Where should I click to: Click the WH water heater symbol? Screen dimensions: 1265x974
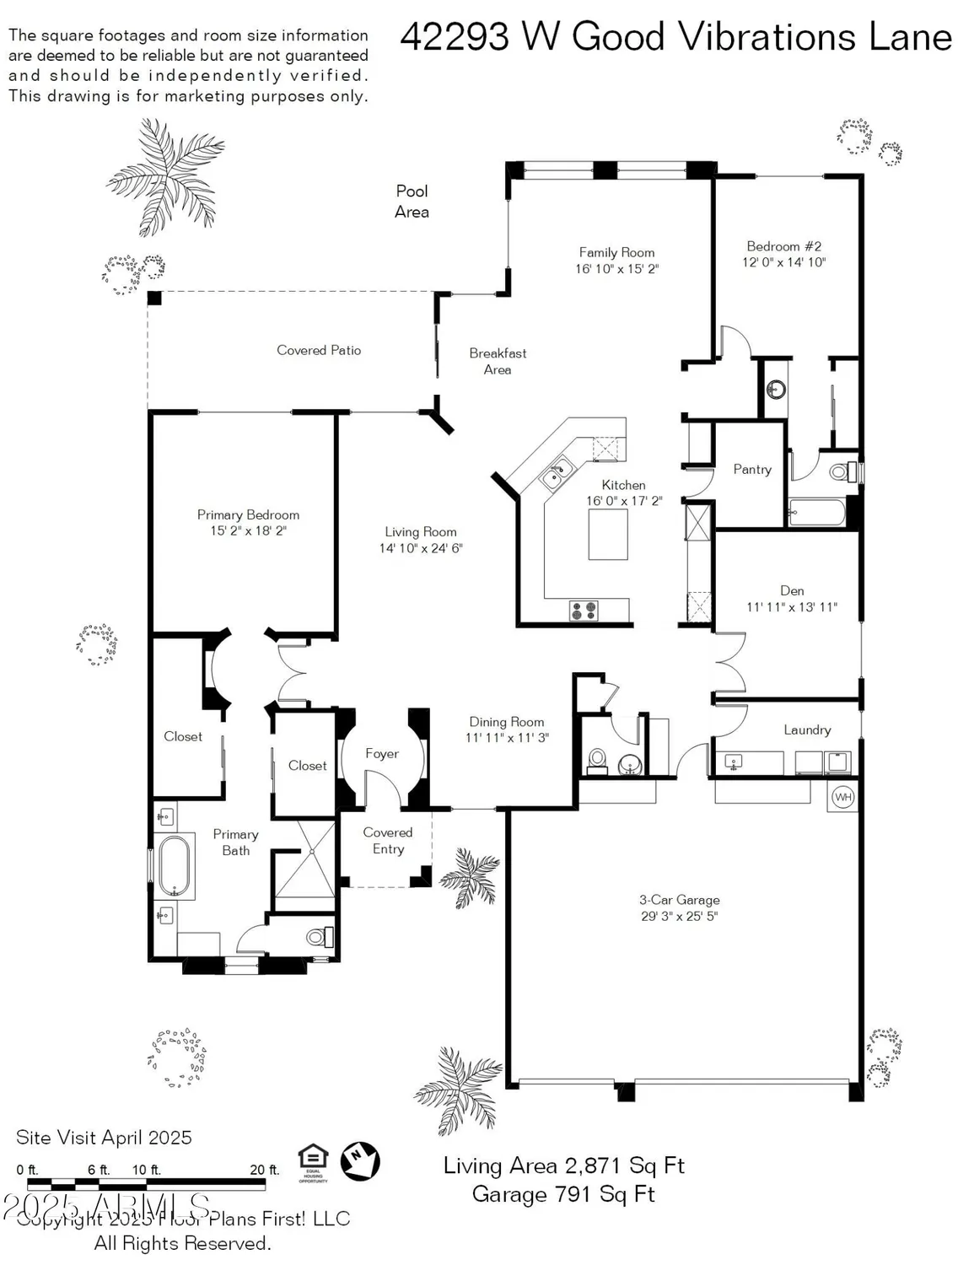click(843, 797)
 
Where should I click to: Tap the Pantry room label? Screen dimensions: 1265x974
click(752, 470)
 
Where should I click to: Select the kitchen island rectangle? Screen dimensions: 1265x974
click(608, 535)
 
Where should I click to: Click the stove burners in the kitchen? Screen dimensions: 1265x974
click(584, 610)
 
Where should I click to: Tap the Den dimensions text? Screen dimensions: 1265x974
click(791, 607)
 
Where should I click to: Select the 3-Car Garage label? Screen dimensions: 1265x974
click(679, 900)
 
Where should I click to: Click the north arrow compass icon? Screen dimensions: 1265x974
click(360, 1160)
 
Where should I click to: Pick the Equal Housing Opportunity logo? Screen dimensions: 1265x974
click(313, 1162)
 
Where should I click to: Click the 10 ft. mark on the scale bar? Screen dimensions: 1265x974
click(146, 1170)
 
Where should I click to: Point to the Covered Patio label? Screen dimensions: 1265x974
click(319, 350)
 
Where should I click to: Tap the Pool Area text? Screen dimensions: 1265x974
click(412, 202)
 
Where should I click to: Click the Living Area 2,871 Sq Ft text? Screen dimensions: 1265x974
click(563, 1165)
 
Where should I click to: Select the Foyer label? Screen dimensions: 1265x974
click(381, 754)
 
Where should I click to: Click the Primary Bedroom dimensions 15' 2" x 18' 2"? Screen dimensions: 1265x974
click(248, 531)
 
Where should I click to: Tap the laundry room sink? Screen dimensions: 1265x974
click(734, 762)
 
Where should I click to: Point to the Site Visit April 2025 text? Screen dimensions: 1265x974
click(104, 1138)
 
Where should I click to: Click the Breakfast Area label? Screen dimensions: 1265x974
click(498, 361)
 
